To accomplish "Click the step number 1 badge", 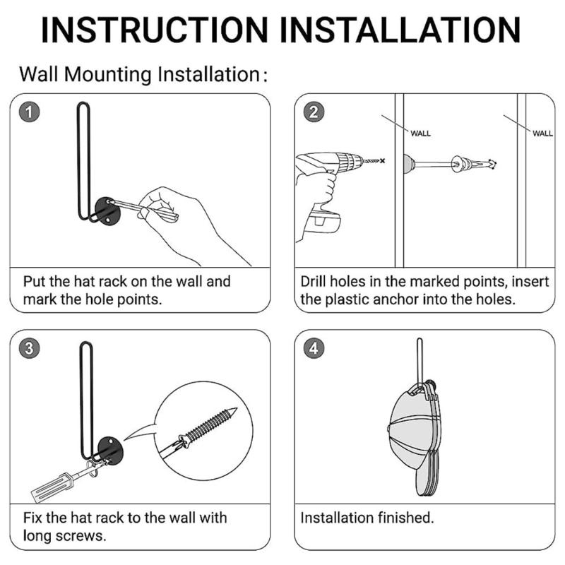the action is tap(29, 112).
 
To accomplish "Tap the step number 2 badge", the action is tap(313, 112).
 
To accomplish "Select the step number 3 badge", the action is tap(29, 348).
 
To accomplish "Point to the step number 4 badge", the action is tap(313, 348).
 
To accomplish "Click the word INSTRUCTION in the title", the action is tap(155, 30).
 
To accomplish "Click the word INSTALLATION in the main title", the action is tap(400, 30).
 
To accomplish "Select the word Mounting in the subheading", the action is tap(107, 75).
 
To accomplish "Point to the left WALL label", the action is tap(420, 133).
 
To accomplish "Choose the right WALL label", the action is tap(542, 133).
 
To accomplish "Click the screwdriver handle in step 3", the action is tap(54, 487).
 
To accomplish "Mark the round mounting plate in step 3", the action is tap(111, 451).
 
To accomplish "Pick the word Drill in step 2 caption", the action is tap(314, 281).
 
